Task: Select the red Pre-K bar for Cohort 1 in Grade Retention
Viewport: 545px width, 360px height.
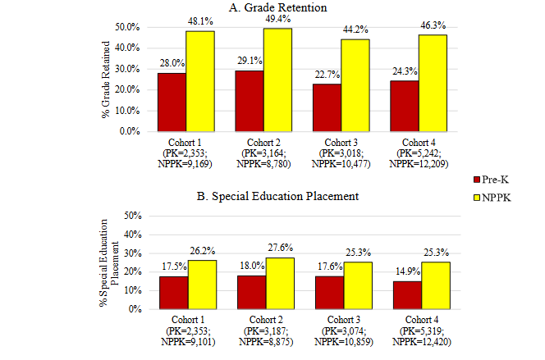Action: (172, 102)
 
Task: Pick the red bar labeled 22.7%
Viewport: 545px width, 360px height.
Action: (327, 107)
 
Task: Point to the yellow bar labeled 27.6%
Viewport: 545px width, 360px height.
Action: (280, 283)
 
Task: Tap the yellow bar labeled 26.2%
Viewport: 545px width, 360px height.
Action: (202, 285)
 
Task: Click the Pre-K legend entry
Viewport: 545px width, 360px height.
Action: (492, 178)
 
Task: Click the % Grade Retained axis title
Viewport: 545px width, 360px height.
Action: (106, 79)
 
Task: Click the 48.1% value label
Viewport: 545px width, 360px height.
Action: (201, 22)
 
